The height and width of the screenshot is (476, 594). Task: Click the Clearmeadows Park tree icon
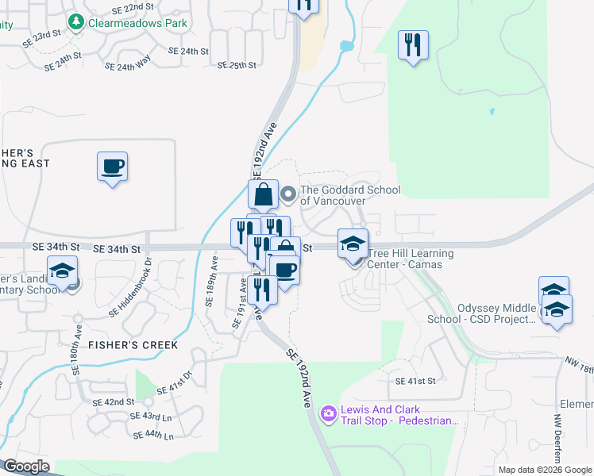point(76,23)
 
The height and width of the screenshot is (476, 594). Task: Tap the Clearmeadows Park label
point(138,23)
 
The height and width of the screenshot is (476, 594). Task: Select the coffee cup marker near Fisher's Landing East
point(112,167)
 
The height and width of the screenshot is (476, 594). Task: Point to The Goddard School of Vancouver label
point(349,195)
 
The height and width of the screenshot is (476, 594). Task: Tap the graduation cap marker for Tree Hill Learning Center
point(353,243)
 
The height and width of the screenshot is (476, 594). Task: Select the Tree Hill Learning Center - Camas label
point(411,259)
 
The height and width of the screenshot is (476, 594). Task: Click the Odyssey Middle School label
point(496,313)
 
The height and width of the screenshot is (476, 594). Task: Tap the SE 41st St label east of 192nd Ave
point(416,381)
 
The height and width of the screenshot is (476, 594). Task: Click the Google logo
point(26,466)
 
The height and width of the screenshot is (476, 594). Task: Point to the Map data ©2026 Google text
point(545,470)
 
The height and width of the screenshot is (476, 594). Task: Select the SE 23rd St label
point(42,36)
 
